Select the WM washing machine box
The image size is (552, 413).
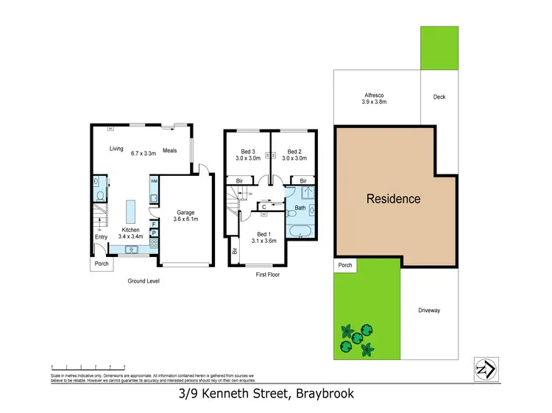click(154, 180)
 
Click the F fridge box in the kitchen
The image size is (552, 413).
click(153, 224)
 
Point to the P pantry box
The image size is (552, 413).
click(153, 233)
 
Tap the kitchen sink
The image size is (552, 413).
click(132, 250)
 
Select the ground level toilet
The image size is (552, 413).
click(98, 195)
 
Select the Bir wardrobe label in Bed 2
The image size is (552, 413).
click(302, 180)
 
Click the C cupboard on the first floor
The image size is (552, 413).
click(263, 208)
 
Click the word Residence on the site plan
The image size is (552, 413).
click(394, 199)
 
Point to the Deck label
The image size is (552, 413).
click(439, 97)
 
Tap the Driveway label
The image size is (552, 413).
click(428, 311)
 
